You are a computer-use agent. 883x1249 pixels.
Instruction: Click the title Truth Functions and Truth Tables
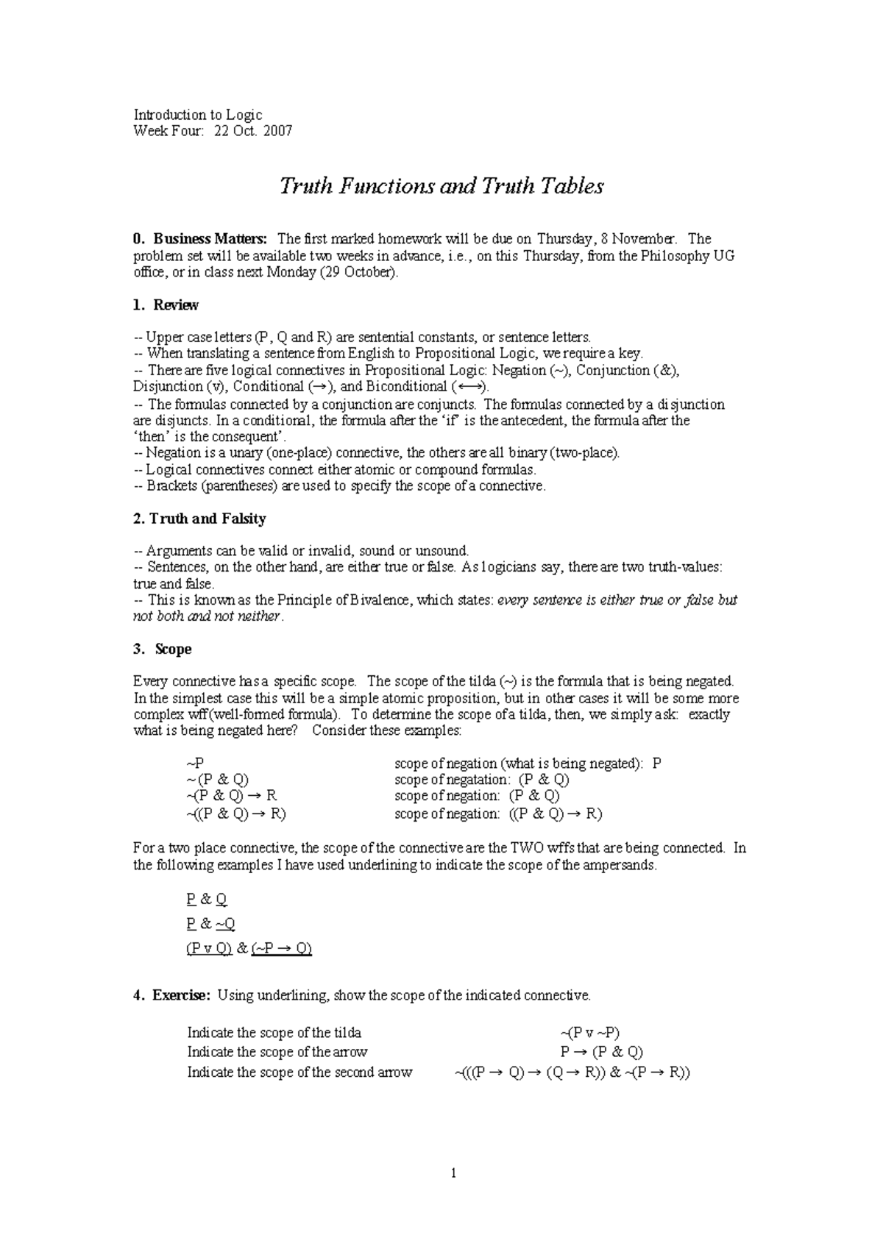pyautogui.click(x=441, y=186)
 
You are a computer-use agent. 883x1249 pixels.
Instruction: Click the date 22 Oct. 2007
pyautogui.click(x=253, y=131)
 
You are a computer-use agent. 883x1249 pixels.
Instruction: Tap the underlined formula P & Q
pyautogui.click(x=208, y=899)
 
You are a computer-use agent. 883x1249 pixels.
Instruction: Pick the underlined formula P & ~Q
pyautogui.click(x=211, y=924)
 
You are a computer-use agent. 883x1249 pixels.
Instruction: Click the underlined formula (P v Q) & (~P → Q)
pyautogui.click(x=249, y=948)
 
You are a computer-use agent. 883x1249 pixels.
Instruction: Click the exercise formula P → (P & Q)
pyautogui.click(x=601, y=1052)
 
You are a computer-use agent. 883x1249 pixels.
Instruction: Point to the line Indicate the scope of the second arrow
pyautogui.click(x=299, y=1072)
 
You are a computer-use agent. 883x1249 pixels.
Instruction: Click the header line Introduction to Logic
pyautogui.click(x=198, y=115)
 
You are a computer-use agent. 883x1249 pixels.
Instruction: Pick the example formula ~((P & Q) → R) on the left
pyautogui.click(x=236, y=814)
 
